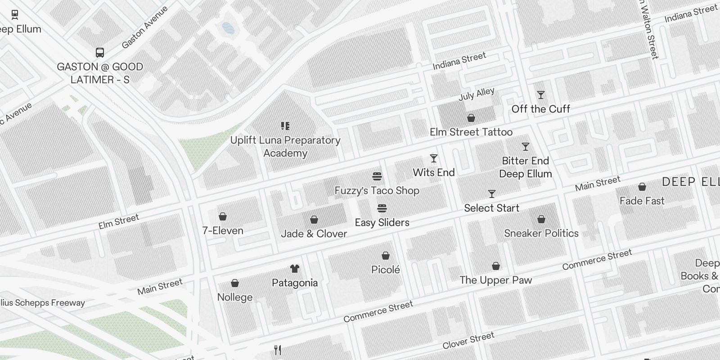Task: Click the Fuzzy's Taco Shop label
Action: pyautogui.click(x=377, y=191)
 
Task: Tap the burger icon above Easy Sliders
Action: pyautogui.click(x=382, y=208)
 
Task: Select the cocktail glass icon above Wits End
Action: pyautogui.click(x=434, y=158)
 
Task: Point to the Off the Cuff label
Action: pyautogui.click(x=540, y=109)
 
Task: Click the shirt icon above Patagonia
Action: pyautogui.click(x=295, y=269)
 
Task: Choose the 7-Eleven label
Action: pyautogui.click(x=223, y=231)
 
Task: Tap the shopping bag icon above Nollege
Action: pyautogui.click(x=234, y=283)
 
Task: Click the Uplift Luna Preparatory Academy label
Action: pyautogui.click(x=285, y=147)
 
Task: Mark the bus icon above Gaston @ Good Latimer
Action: pyautogui.click(x=100, y=53)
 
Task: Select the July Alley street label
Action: pyautogui.click(x=476, y=94)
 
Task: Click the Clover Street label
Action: pyautogui.click(x=468, y=340)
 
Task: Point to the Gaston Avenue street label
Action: pyautogui.click(x=144, y=27)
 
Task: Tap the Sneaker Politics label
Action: pyautogui.click(x=541, y=233)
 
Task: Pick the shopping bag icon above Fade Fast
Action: pyautogui.click(x=642, y=187)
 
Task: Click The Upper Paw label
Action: pyautogui.click(x=495, y=280)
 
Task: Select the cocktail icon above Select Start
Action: pyautogui.click(x=492, y=194)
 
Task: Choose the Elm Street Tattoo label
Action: pyautogui.click(x=471, y=132)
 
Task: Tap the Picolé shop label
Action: pyautogui.click(x=385, y=270)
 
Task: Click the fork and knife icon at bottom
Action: pyautogui.click(x=278, y=350)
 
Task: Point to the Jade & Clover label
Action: pyautogui.click(x=314, y=234)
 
